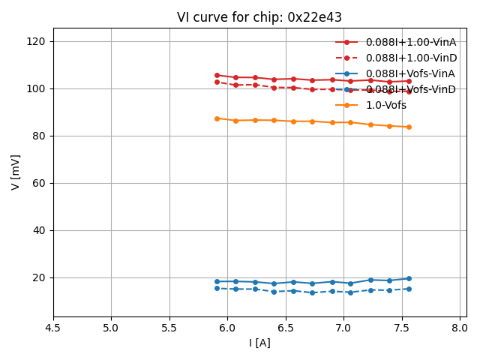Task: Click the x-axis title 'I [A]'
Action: (259, 343)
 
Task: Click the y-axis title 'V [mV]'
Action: (16, 172)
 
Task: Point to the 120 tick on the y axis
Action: (37, 41)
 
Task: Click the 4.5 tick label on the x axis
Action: (53, 328)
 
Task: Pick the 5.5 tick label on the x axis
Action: (169, 328)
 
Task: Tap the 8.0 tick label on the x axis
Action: (460, 328)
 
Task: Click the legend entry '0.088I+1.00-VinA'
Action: (410, 42)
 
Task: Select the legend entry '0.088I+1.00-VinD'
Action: (411, 58)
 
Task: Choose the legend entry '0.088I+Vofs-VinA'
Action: (410, 73)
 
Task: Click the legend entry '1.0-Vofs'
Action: (385, 105)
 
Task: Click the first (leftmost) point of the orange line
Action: (217, 118)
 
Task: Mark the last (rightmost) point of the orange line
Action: (409, 127)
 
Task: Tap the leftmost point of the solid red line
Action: (217, 75)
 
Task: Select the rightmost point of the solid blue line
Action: (409, 278)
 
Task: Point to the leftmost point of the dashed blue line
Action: (217, 288)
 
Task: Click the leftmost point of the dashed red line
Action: (217, 82)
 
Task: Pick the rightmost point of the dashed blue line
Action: (409, 289)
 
